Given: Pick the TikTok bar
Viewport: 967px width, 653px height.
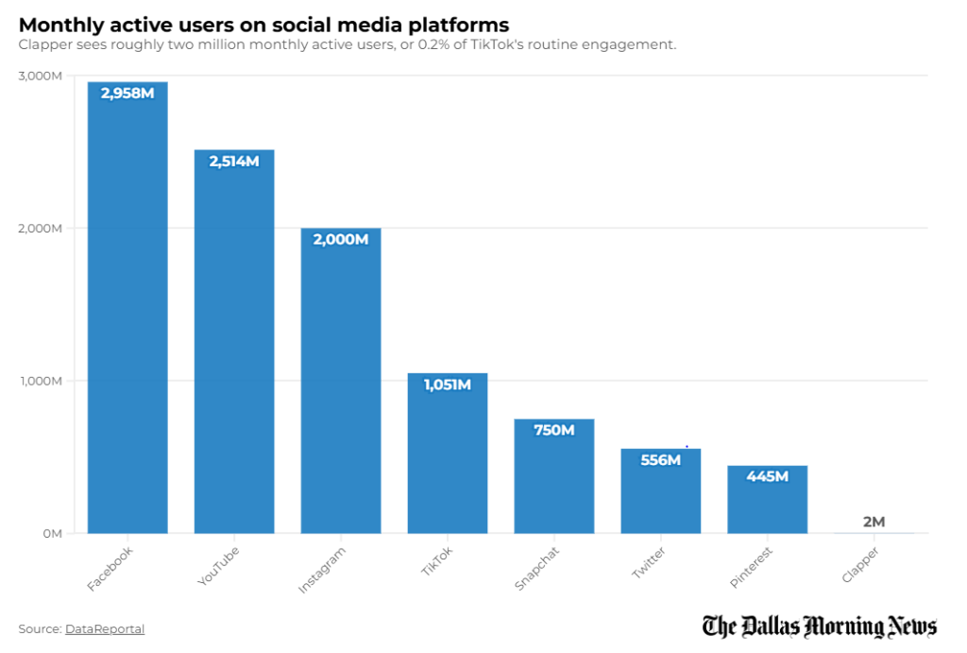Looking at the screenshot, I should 448,453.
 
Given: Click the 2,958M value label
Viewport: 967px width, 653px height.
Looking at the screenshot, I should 127,93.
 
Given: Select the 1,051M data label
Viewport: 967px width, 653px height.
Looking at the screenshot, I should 448,385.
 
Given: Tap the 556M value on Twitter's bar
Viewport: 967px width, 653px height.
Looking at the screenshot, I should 660,460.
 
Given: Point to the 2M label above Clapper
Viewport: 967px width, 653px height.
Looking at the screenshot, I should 874,522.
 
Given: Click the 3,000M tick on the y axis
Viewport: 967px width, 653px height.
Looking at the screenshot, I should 40,76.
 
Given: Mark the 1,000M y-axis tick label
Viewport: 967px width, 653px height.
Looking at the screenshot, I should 40,381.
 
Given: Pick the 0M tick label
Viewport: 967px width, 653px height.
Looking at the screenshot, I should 51,534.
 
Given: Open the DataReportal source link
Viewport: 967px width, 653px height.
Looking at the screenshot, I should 105,629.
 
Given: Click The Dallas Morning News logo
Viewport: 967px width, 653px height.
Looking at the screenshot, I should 819,627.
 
